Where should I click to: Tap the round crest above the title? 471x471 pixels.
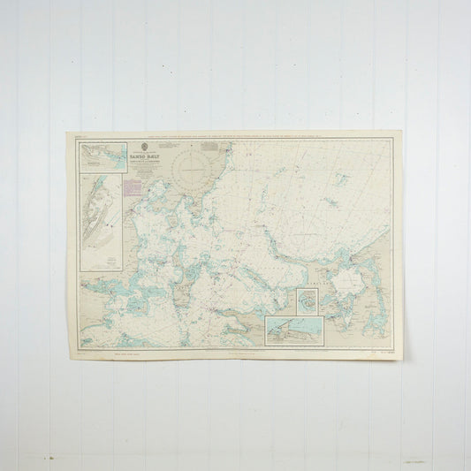pos(145,145)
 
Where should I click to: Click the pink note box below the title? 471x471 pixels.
pos(132,186)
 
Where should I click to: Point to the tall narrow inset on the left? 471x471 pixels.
pos(102,221)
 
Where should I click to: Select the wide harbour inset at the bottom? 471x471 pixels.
pos(295,331)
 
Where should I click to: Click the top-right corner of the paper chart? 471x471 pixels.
pos(402,132)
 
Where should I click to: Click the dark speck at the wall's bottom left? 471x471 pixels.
pos(52,458)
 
